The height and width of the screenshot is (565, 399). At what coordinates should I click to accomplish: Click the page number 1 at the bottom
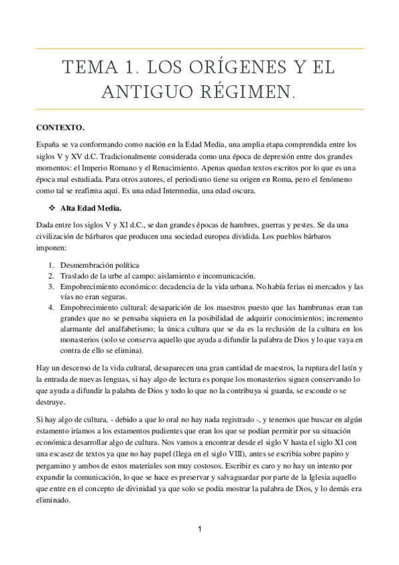[199, 529]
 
